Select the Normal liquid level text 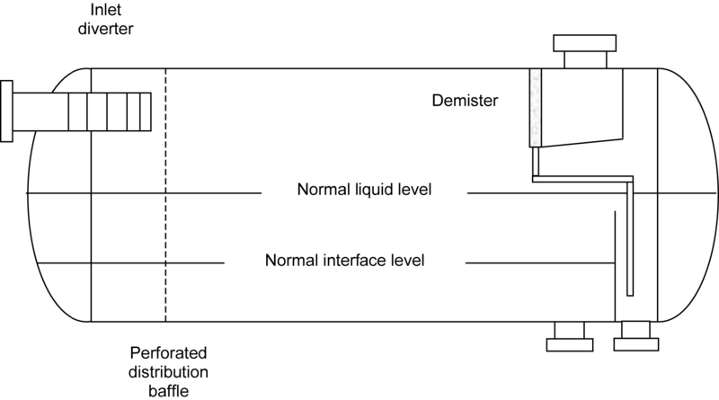click(365, 191)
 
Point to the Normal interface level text click(344, 262)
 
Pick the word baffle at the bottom click(165, 389)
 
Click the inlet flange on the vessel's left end click(7, 111)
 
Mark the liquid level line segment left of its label click(144, 193)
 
